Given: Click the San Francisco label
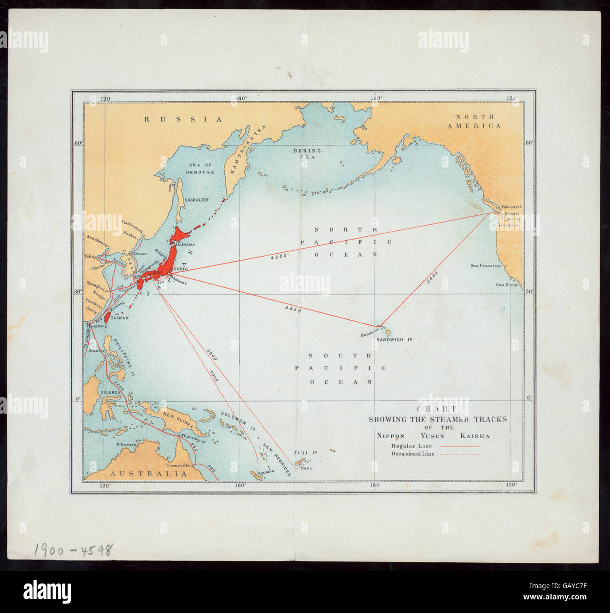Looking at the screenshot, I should tap(486, 265).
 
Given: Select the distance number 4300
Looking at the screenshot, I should tap(279, 257).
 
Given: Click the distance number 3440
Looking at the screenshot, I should tap(293, 310).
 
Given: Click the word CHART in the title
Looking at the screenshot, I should tap(437, 409).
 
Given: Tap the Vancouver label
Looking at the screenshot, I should tap(511, 207).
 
